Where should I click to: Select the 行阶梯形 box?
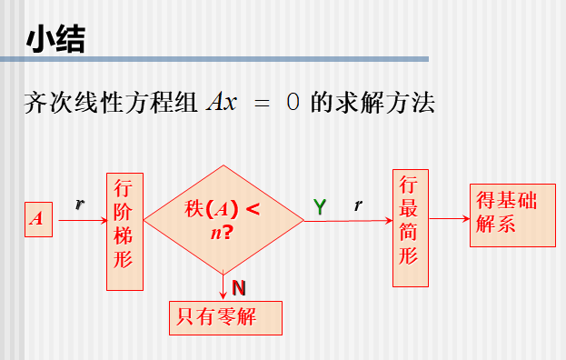(124, 231)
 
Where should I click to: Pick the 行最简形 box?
(409, 227)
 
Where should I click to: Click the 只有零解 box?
(225, 317)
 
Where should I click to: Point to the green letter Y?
(320, 207)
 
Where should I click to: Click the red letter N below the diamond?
(238, 288)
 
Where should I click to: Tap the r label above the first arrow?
(79, 205)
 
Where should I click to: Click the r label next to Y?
(358, 206)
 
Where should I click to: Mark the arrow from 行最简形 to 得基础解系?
(449, 218)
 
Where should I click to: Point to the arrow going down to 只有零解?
(223, 286)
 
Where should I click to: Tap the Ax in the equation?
(221, 102)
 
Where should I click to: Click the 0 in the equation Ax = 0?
(293, 102)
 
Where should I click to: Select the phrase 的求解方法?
(372, 102)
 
